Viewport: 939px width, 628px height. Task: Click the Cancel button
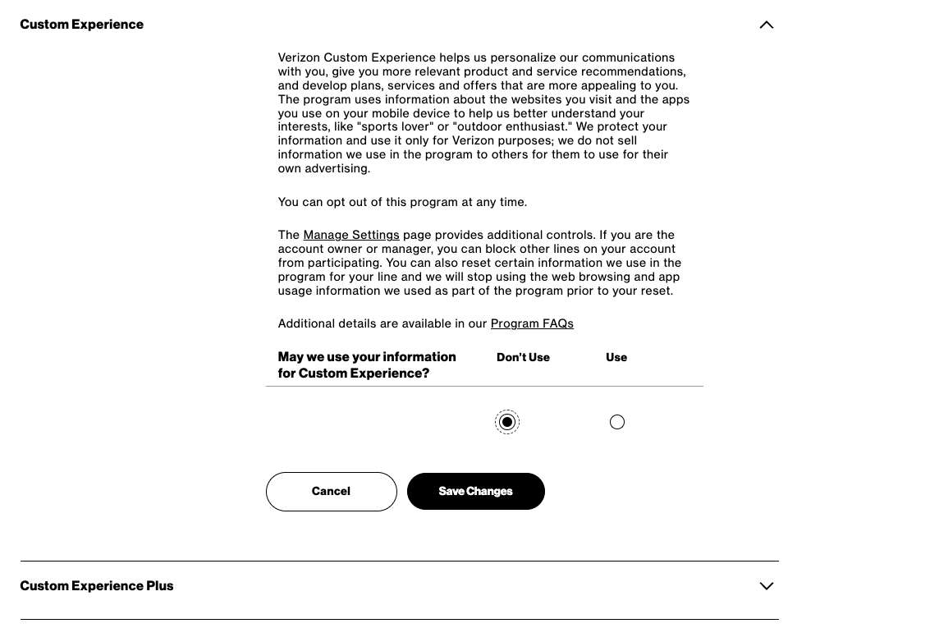(x=331, y=492)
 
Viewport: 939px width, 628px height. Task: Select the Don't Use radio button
(x=507, y=422)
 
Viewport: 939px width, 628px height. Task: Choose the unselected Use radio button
(x=617, y=422)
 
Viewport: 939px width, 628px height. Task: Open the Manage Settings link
(x=351, y=235)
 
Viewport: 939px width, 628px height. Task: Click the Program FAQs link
(x=532, y=323)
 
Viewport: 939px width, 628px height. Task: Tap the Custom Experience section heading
(x=82, y=25)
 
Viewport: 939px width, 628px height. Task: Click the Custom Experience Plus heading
(x=97, y=586)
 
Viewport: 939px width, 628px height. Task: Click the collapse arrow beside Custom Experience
(x=766, y=25)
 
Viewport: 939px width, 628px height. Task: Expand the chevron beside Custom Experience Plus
(x=766, y=586)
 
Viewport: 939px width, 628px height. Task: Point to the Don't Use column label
(x=523, y=358)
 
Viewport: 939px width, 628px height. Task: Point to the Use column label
(x=616, y=358)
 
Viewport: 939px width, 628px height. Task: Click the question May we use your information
(x=367, y=364)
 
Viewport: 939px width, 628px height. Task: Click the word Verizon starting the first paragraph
(x=299, y=57)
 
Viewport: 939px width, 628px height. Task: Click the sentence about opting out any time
(x=402, y=202)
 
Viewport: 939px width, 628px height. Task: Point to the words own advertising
(x=323, y=168)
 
